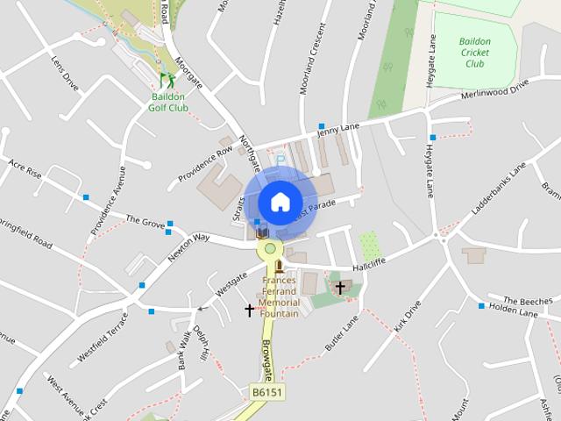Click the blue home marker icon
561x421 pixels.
280,202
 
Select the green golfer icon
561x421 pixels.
155,79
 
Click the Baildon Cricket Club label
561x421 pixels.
474,52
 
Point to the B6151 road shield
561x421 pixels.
267,393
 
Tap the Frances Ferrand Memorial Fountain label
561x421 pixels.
280,297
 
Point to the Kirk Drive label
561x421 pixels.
408,317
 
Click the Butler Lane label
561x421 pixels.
342,332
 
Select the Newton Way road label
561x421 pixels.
189,245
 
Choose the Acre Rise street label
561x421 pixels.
25,168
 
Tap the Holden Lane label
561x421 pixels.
512,309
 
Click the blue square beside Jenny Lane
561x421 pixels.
323,127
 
